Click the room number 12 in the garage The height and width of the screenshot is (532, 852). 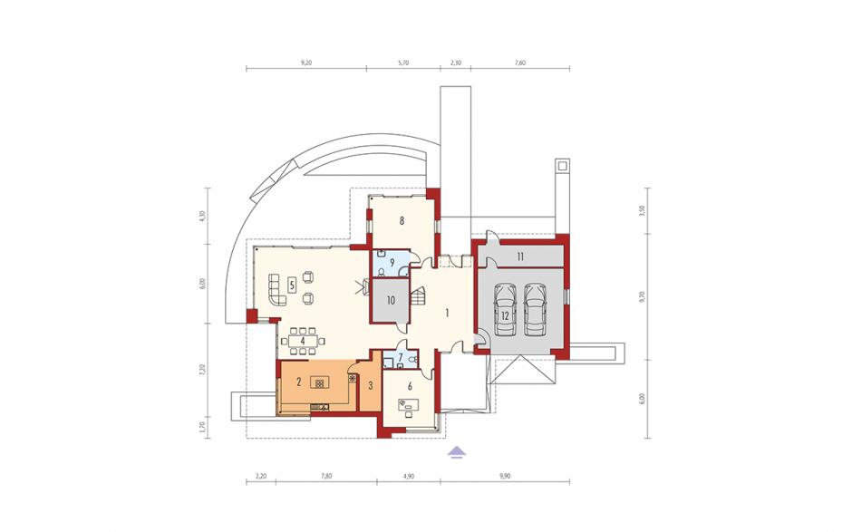(x=506, y=314)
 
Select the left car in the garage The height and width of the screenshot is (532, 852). (x=506, y=310)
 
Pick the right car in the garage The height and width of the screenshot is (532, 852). (x=535, y=310)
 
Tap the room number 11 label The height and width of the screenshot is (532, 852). (x=520, y=257)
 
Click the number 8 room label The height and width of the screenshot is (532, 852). (x=402, y=220)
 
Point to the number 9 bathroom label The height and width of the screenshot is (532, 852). (x=392, y=261)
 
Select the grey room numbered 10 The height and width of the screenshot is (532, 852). (x=390, y=300)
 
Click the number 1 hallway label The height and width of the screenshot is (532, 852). (x=447, y=313)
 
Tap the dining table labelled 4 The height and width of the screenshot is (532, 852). (x=303, y=341)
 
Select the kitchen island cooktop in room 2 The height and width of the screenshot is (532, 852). (x=319, y=383)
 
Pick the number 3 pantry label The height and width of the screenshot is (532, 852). (x=371, y=386)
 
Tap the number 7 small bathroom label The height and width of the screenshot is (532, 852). (x=401, y=358)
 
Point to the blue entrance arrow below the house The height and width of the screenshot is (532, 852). (x=458, y=451)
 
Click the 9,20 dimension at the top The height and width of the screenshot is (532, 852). (x=306, y=63)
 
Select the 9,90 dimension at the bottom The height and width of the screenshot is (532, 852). (x=505, y=476)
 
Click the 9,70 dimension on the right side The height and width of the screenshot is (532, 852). (x=642, y=296)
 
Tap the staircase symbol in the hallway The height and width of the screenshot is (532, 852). (x=418, y=298)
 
